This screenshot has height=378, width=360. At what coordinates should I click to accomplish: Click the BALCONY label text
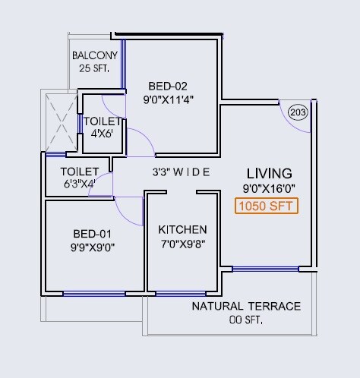coord(94,55)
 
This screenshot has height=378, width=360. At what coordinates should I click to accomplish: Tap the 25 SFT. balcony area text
coord(94,68)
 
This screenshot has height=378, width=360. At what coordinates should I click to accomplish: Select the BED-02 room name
coord(167,85)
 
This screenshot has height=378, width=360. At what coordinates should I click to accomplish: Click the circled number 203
coord(298,113)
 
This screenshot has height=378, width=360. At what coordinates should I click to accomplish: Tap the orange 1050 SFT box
coord(266,206)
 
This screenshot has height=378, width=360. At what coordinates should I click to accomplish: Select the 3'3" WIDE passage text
coord(181,172)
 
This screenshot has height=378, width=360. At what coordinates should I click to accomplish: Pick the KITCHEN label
coord(182,230)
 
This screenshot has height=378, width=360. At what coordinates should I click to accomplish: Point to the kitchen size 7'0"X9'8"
coord(182,244)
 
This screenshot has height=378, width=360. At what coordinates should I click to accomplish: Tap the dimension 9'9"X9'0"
coord(92,246)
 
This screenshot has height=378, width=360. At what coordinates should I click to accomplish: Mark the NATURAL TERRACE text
coord(246,307)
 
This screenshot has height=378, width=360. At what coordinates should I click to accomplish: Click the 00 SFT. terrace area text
coord(246,320)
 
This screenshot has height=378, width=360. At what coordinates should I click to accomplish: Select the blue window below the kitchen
coord(180,294)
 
